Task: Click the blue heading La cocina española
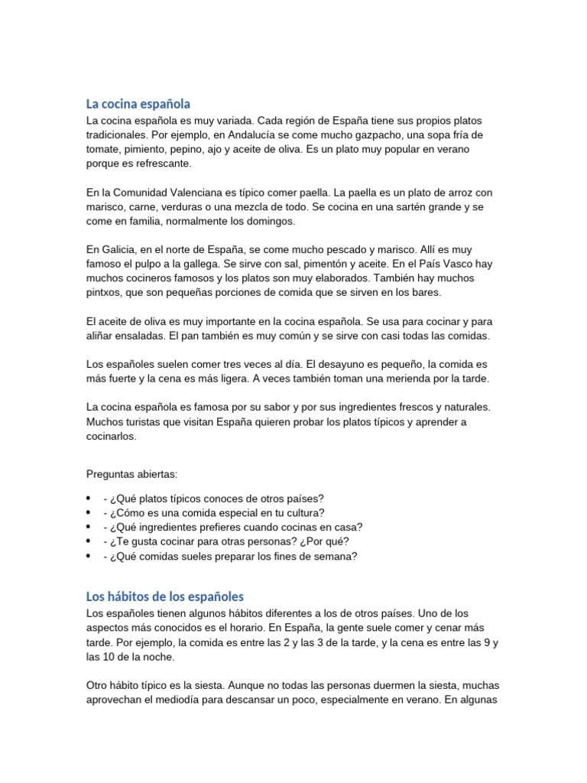pyautogui.click(x=138, y=103)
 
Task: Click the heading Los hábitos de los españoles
pyautogui.click(x=165, y=596)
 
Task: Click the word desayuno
pyautogui.click(x=343, y=365)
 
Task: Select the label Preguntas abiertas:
pyautogui.click(x=132, y=474)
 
